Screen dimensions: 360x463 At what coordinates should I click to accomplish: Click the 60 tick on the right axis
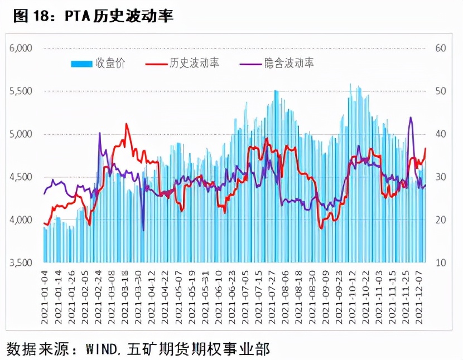441,48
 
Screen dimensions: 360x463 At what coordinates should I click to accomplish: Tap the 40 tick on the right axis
441,134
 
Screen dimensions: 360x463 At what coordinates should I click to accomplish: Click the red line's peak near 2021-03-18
127,124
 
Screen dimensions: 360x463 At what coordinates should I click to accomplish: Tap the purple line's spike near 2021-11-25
411,118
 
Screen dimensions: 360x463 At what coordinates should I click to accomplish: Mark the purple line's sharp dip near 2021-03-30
143,230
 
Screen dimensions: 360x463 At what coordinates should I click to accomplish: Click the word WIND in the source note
102,349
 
